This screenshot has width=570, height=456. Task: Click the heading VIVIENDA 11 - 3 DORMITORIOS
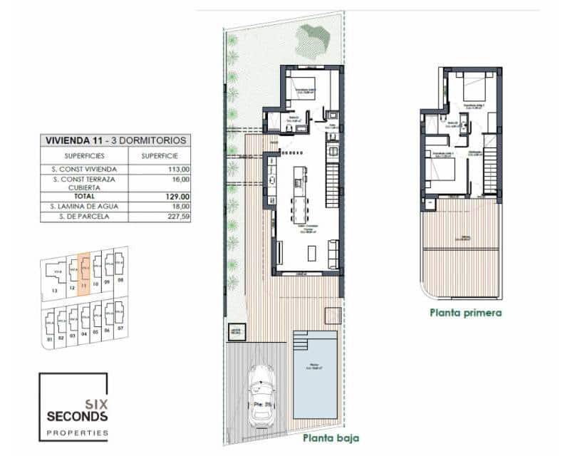point(114,140)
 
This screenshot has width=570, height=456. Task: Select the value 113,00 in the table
point(161,169)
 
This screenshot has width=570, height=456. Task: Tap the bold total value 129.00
point(161,196)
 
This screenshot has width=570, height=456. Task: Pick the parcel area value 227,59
point(161,216)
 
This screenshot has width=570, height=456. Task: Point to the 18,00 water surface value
point(161,206)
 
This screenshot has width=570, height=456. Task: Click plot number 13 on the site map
point(54,291)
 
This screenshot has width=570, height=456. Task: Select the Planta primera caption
point(466,312)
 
